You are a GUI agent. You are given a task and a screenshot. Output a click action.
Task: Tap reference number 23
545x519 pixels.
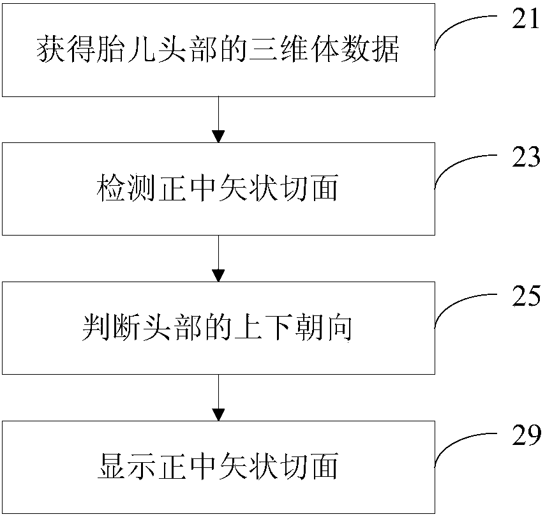click(x=526, y=157)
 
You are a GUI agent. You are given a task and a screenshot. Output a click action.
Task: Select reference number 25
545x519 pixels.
click(x=526, y=296)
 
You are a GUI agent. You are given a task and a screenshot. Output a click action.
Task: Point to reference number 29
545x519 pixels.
click(x=526, y=435)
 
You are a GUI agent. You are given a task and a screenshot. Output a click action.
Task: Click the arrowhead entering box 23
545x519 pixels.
click(x=218, y=137)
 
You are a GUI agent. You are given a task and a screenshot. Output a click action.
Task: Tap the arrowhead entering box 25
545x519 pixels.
click(x=218, y=276)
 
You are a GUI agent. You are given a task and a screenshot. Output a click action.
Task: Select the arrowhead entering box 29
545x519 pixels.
click(x=218, y=415)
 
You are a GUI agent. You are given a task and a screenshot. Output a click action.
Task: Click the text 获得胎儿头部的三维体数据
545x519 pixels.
click(x=218, y=49)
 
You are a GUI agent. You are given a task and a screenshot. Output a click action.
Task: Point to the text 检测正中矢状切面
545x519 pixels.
click(x=218, y=188)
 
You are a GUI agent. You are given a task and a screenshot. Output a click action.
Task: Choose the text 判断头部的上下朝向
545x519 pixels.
click(x=218, y=327)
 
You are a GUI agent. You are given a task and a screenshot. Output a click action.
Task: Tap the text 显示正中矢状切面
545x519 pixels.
click(x=218, y=466)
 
